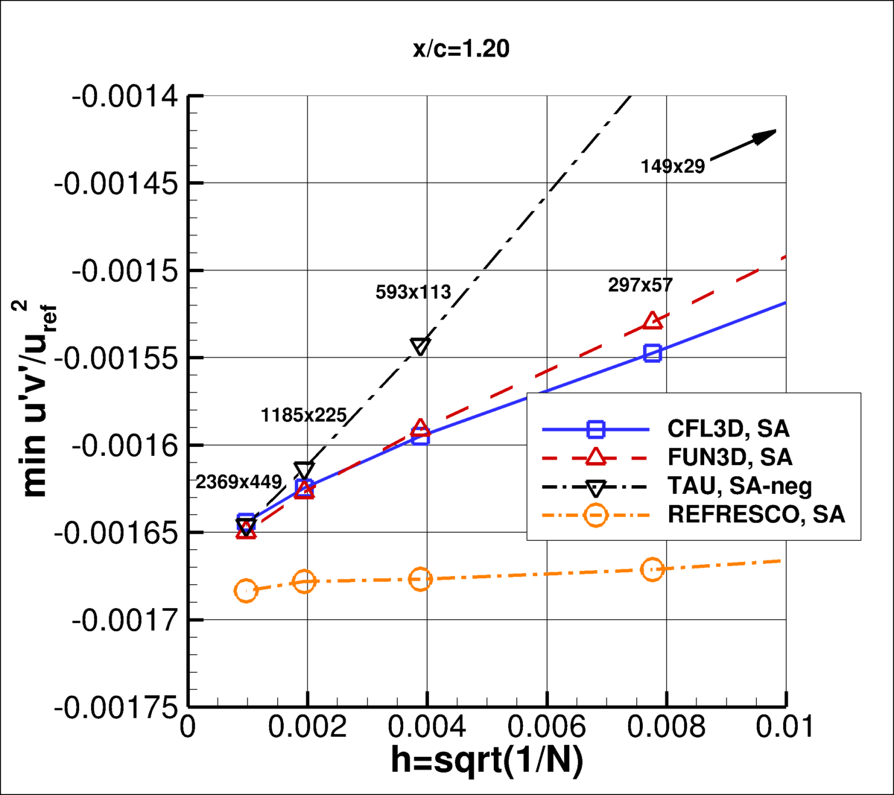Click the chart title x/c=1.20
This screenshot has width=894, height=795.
(461, 49)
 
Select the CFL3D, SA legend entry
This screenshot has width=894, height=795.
(728, 429)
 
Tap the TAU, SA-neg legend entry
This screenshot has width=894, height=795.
(739, 487)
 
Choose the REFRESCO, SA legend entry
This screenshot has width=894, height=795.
(756, 515)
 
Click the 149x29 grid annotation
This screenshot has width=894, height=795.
(672, 166)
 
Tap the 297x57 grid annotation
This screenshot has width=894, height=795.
(640, 285)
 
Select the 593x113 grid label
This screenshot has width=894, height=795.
(413, 292)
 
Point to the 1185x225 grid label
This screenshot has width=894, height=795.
(303, 415)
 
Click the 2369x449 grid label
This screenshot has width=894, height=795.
(238, 482)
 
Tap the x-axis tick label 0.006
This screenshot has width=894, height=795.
(547, 727)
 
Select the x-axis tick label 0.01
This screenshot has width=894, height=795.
(784, 727)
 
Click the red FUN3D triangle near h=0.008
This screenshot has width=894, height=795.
(653, 321)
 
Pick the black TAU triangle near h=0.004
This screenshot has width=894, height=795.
(420, 346)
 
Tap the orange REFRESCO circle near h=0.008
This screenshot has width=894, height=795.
(653, 569)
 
